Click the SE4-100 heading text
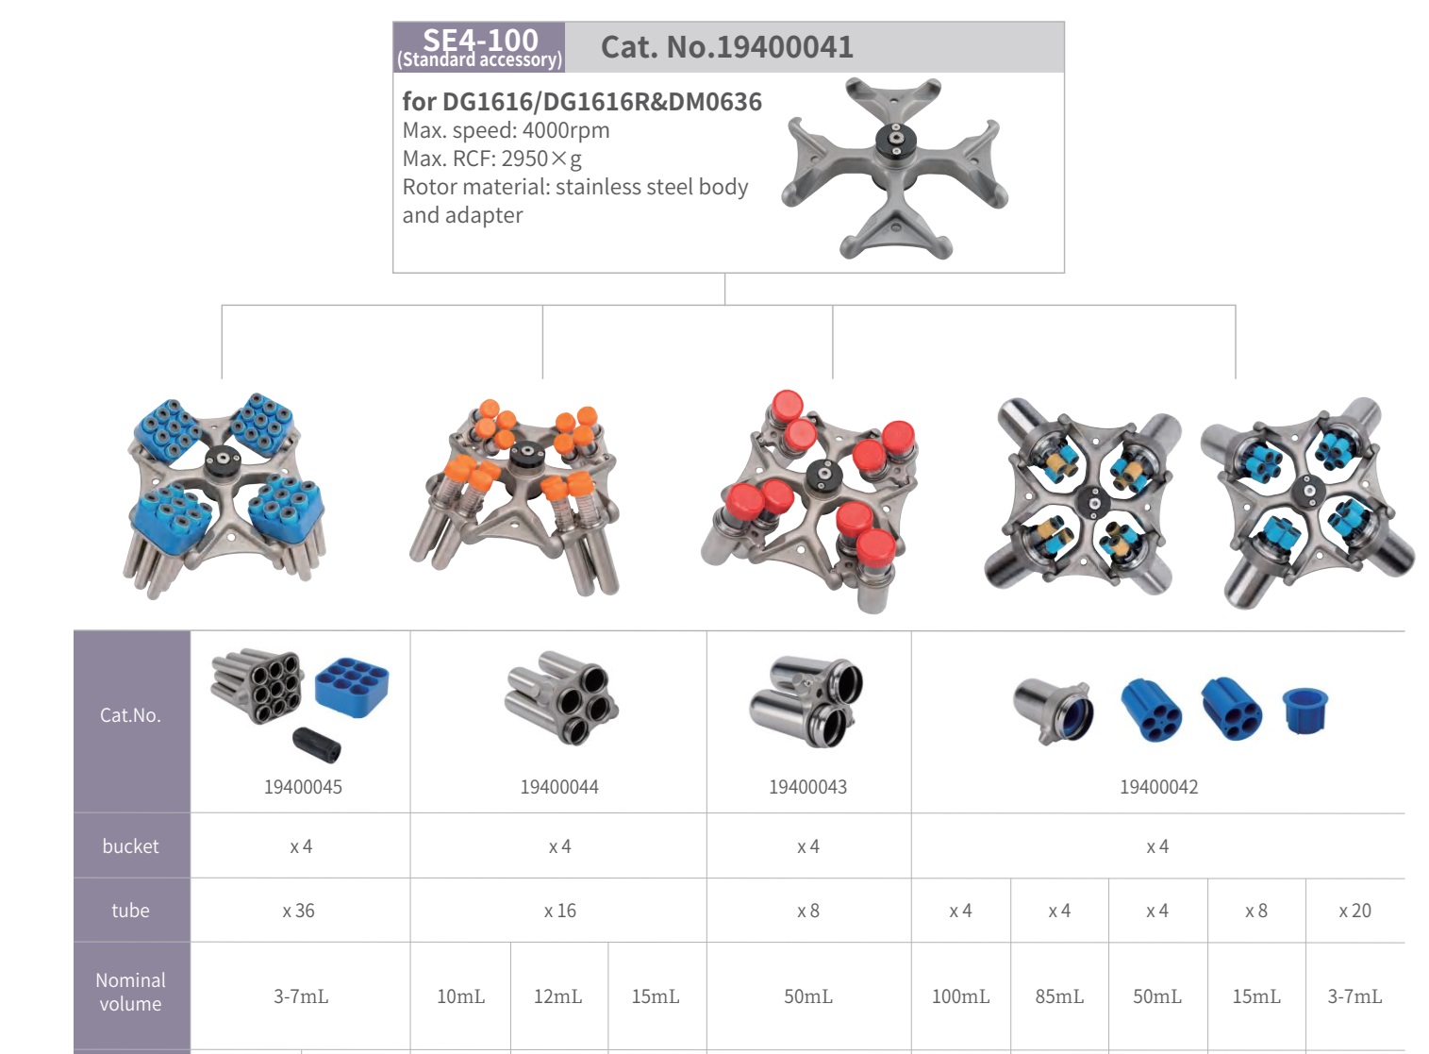coord(480,40)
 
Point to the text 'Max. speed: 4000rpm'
coord(506,130)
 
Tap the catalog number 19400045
coord(303,787)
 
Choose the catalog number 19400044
coord(559,787)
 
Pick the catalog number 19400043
coord(807,787)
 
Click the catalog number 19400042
coord(1159,787)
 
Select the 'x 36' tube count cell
coord(299,911)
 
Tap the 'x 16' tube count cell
coord(559,911)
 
